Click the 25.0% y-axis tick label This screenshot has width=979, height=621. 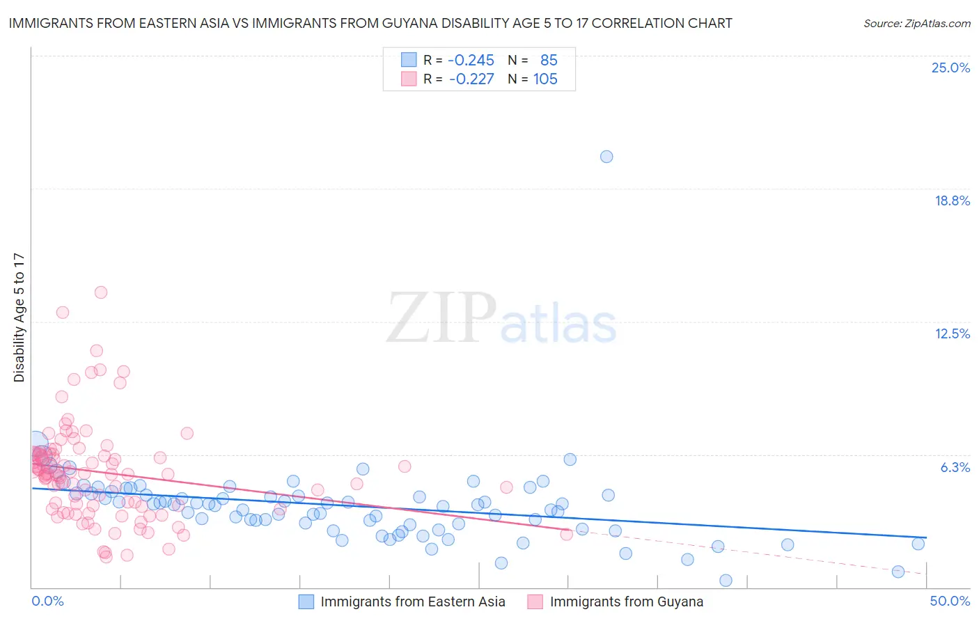pyautogui.click(x=950, y=68)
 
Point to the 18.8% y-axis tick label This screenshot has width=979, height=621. pyautogui.click(x=952, y=201)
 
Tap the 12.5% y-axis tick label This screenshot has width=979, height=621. pyautogui.click(x=952, y=333)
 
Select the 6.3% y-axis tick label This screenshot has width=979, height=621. pyautogui.click(x=955, y=467)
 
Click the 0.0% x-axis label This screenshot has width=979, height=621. pyautogui.click(x=47, y=601)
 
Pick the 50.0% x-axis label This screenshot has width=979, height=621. pyautogui.click(x=949, y=601)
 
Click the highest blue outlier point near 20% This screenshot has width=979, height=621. pyautogui.click(x=606, y=157)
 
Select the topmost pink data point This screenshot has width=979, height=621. pyautogui.click(x=101, y=292)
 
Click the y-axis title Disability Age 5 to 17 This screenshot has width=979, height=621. pyautogui.click(x=19, y=317)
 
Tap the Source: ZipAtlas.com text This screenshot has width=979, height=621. pyautogui.click(x=916, y=23)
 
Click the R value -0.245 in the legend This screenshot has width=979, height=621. pyautogui.click(x=471, y=60)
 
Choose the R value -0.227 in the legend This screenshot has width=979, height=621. pyautogui.click(x=471, y=79)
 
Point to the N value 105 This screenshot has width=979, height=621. pyautogui.click(x=545, y=79)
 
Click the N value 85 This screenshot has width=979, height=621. pyautogui.click(x=549, y=60)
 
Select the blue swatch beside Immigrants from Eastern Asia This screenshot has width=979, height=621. pyautogui.click(x=307, y=602)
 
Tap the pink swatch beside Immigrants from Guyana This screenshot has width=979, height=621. pyautogui.click(x=535, y=602)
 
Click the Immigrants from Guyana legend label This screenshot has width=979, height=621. pyautogui.click(x=626, y=602)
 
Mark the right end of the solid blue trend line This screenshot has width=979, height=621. pyautogui.click(x=926, y=538)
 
